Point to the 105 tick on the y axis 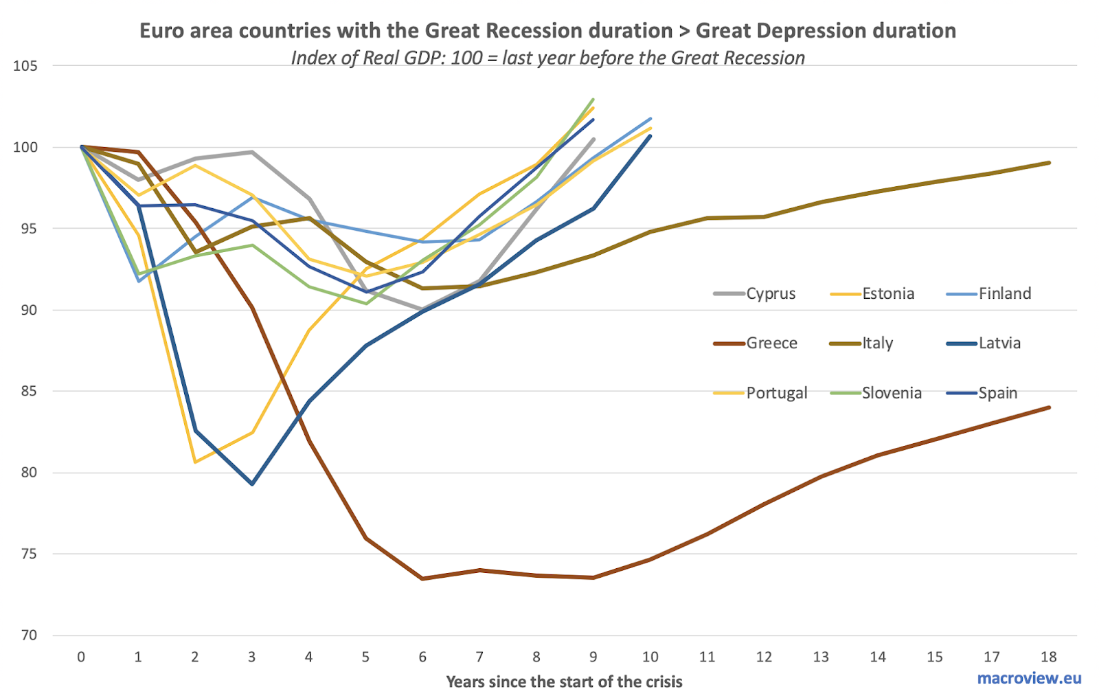pyautogui.click(x=25, y=66)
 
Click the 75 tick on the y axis pyautogui.click(x=27, y=554)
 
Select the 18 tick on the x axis pyautogui.click(x=1048, y=657)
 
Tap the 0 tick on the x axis pyautogui.click(x=81, y=657)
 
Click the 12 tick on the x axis pyautogui.click(x=764, y=657)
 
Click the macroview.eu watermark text pyautogui.click(x=1029, y=678)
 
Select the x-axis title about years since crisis pyautogui.click(x=564, y=682)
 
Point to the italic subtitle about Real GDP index pyautogui.click(x=547, y=58)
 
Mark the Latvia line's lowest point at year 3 pyautogui.click(x=252, y=484)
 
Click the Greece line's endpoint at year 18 pyautogui.click(x=1049, y=407)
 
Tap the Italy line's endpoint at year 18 pyautogui.click(x=1049, y=163)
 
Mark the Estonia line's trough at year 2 pyautogui.click(x=195, y=462)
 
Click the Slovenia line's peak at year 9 pyautogui.click(x=593, y=100)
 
